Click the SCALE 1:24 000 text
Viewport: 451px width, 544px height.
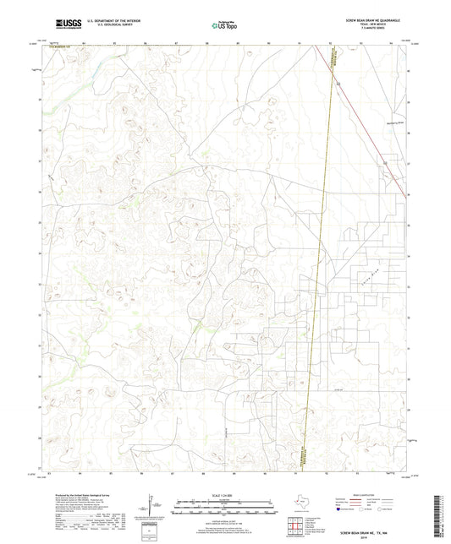click(x=225, y=494)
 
